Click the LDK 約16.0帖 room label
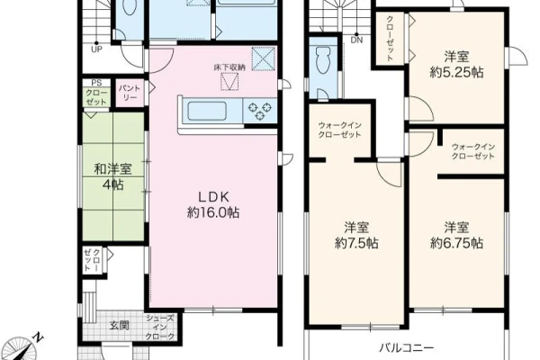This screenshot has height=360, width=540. [213, 205]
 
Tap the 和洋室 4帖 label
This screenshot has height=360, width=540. [113, 177]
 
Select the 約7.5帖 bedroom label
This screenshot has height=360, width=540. [356, 235]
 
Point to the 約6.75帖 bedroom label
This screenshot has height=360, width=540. [456, 235]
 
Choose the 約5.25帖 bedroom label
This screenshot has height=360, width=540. [456, 65]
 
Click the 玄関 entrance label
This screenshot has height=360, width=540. [120, 325]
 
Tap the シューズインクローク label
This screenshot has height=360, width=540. [160, 328]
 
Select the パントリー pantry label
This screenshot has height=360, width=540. [130, 93]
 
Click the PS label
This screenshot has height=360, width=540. [97, 83]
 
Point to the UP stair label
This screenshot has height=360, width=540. [97, 49]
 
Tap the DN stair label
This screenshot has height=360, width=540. [356, 40]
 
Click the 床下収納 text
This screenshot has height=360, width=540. [229, 67]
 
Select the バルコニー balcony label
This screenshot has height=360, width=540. [407, 348]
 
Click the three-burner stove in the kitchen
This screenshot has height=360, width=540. [260, 111]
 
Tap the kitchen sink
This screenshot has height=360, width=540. [207, 112]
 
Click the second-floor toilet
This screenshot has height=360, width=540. [323, 60]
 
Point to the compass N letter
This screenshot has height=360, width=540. [38, 337]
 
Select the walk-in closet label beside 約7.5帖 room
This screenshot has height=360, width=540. [339, 130]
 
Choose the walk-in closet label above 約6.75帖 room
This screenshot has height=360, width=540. [473, 151]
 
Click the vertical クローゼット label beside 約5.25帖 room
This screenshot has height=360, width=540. [391, 39]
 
